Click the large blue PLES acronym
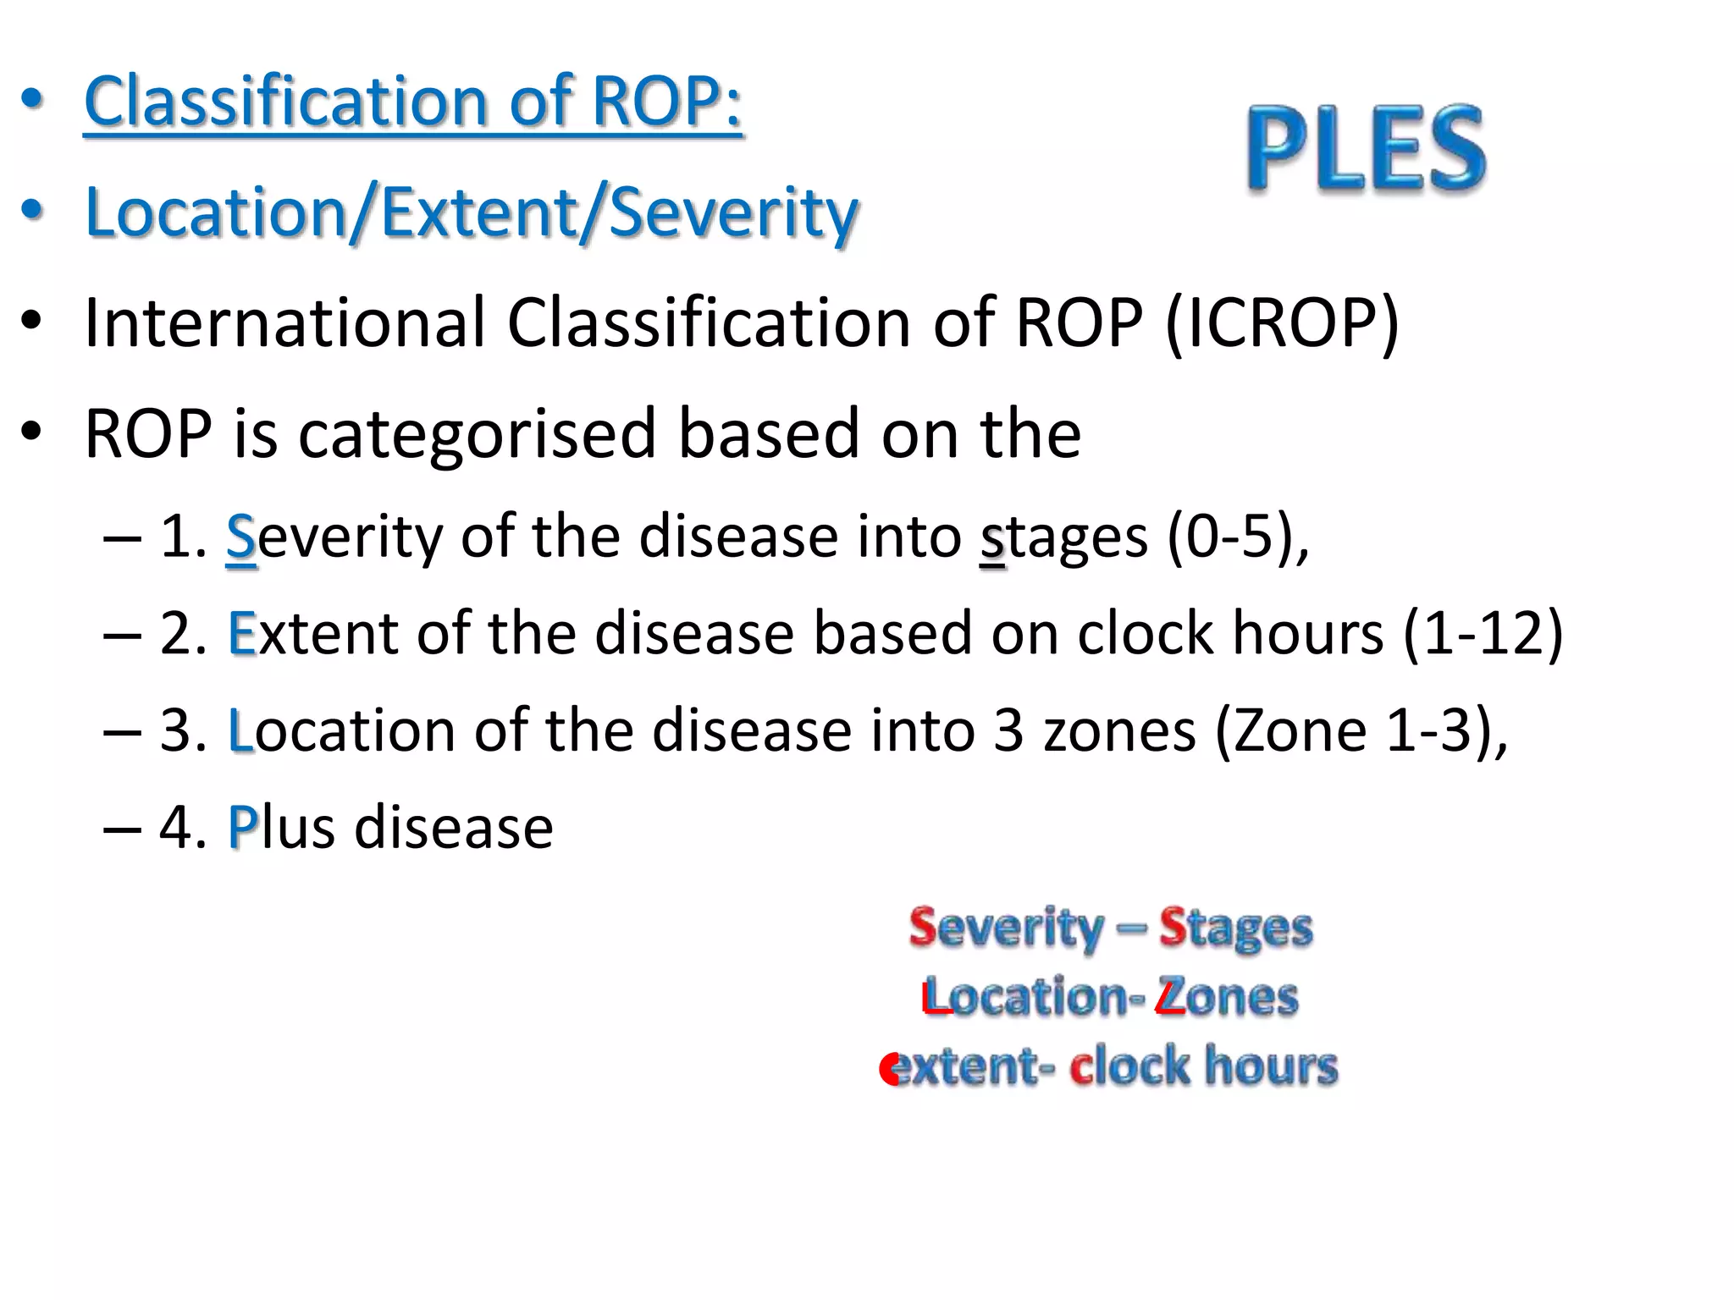[x=1366, y=149]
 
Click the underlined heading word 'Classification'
[x=284, y=102]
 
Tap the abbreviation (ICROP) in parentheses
[x=1282, y=323]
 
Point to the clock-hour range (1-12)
[x=1483, y=633]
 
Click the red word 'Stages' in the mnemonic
[x=1235, y=928]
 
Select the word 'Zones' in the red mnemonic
[x=1228, y=996]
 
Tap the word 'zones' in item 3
[x=1119, y=730]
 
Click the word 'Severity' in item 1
[x=334, y=537]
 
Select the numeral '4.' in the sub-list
[x=182, y=827]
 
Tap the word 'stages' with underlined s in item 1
[x=1063, y=537]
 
